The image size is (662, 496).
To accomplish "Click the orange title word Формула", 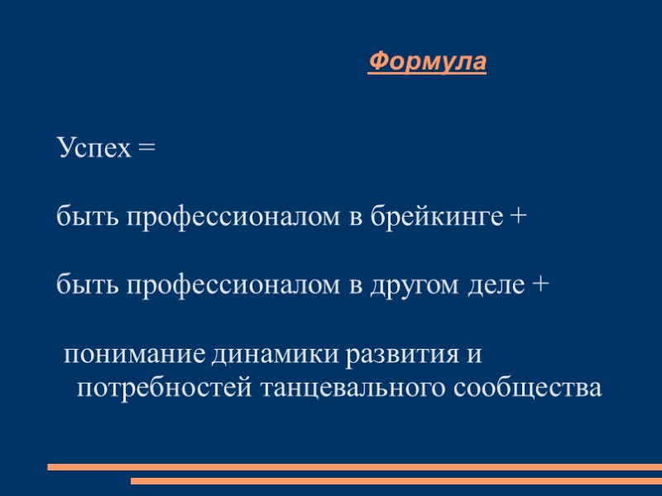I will click(427, 62).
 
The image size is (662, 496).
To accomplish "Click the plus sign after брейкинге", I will click(516, 217).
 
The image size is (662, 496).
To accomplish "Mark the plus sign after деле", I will click(539, 286).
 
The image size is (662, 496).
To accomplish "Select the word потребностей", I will click(164, 387).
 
